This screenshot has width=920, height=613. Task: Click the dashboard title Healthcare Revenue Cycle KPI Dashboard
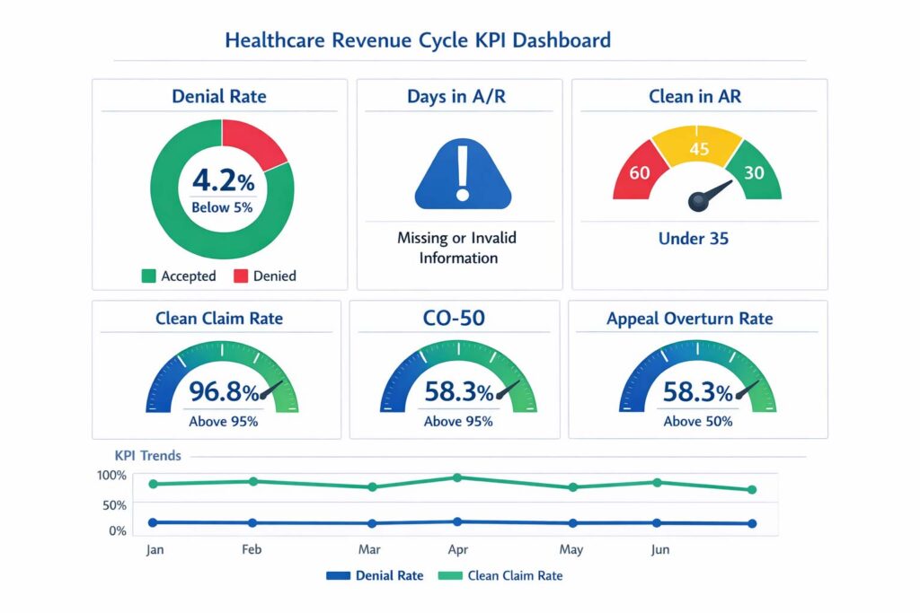417,40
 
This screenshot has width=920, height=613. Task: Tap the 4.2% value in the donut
223,181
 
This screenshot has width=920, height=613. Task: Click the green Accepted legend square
148,276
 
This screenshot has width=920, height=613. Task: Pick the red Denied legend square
241,276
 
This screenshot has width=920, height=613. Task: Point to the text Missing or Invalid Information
458,248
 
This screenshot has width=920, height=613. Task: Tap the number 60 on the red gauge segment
640,172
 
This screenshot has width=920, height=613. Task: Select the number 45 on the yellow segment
699,149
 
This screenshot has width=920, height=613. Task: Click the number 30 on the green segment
755,172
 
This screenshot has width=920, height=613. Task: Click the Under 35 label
694,239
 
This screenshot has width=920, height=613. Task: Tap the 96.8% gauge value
223,392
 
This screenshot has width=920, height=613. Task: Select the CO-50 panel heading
456,319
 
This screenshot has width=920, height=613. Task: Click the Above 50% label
698,421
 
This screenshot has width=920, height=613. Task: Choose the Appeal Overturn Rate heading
689,319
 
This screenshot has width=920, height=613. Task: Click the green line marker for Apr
457,477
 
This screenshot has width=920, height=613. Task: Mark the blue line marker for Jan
153,522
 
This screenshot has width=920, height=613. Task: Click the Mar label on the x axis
369,549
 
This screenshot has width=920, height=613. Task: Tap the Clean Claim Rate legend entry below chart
505,575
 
